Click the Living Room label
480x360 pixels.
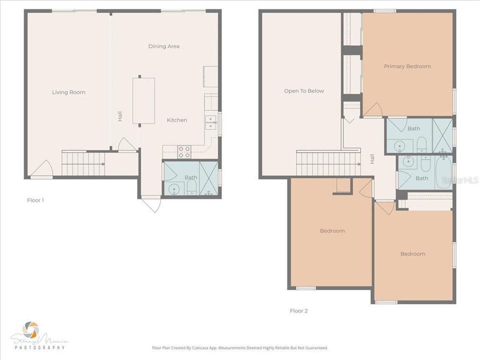click(69, 92)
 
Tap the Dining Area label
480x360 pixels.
click(164, 46)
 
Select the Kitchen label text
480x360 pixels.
click(177, 120)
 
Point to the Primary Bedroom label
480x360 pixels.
click(407, 66)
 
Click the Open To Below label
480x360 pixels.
click(304, 91)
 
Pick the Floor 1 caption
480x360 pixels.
click(35, 200)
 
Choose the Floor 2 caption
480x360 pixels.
click(299, 311)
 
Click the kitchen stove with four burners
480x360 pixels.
click(184, 152)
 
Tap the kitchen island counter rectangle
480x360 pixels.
click(143, 100)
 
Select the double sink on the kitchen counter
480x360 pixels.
click(211, 122)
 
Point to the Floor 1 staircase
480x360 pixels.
click(83, 163)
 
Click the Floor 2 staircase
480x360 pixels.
click(327, 163)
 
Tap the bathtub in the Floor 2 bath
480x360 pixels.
click(443, 172)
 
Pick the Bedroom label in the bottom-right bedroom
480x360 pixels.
click(413, 254)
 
